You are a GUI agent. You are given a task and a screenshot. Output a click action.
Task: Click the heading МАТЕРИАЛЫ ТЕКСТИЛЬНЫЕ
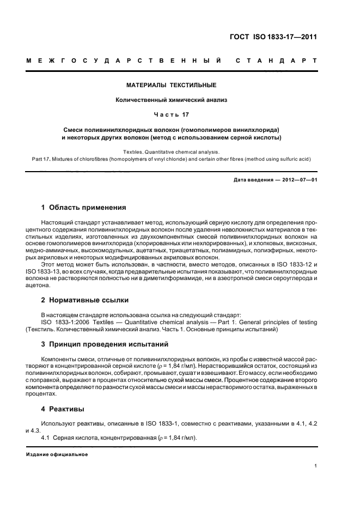(171, 86)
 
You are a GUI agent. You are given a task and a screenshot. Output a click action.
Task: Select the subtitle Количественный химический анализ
(171, 100)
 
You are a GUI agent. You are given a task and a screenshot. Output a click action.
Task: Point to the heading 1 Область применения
(84, 208)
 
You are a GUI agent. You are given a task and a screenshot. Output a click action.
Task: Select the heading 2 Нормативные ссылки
(84, 300)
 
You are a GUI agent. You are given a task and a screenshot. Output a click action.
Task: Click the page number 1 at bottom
(316, 466)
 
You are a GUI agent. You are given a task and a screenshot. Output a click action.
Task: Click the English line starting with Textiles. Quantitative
(171, 152)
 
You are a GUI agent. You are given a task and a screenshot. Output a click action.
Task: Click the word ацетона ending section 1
(38, 285)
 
